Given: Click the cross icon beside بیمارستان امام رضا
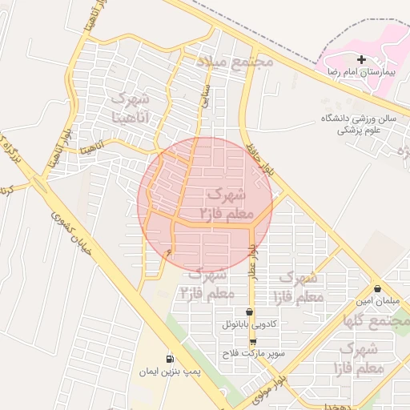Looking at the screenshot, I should (x=361, y=59).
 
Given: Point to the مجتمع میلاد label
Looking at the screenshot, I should (x=235, y=61).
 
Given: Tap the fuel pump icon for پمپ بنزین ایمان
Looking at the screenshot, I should (x=169, y=359).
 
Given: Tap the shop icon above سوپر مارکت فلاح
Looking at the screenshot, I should (x=253, y=341).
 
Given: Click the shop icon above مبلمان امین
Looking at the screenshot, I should (x=377, y=288).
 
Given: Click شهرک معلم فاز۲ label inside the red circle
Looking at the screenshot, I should (x=227, y=204).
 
